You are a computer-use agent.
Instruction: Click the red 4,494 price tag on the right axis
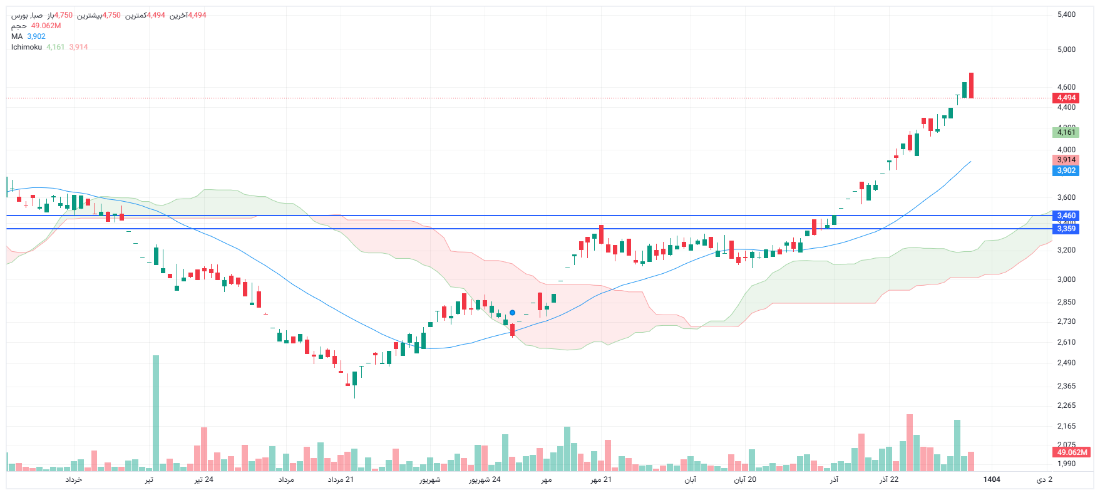coord(1066,98)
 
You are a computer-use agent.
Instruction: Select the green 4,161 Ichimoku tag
coord(1066,132)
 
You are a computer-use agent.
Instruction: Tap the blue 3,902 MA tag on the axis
coord(1066,170)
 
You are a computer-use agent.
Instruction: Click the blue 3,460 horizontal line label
coord(1066,216)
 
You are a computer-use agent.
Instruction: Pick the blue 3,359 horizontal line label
coord(1066,229)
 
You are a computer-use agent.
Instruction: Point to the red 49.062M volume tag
coord(1072,452)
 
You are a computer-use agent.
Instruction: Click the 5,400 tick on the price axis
coord(1066,14)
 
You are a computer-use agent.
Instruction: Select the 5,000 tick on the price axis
coord(1066,49)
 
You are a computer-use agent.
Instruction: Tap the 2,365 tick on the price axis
coord(1066,386)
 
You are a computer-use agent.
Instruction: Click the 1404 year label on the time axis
coord(992,479)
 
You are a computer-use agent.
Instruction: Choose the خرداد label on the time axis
coord(74,479)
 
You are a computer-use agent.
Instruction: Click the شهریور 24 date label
coord(485,479)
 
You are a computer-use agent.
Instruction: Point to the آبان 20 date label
coord(745,479)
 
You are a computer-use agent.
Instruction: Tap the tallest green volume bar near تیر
coord(156,414)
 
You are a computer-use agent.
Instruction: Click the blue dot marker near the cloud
coord(512,313)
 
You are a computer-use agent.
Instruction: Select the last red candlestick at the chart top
coord(971,85)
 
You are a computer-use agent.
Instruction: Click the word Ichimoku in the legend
coord(26,47)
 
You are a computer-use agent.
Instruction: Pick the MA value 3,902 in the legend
coord(36,36)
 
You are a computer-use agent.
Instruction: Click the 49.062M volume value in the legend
coord(46,26)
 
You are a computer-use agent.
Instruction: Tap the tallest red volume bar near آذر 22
coord(909,442)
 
